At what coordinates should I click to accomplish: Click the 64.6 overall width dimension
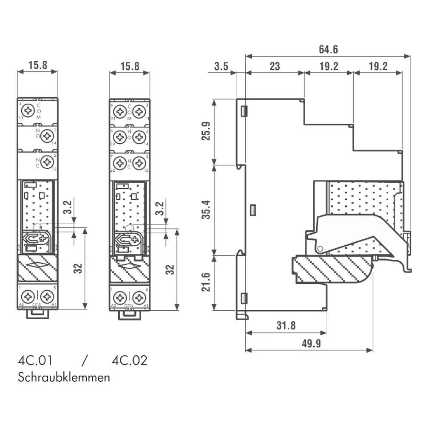pos(328,50)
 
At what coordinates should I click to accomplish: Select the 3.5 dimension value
pos(221,67)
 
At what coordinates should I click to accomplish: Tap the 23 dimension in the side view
pos(275,67)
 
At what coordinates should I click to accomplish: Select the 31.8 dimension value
pos(286,326)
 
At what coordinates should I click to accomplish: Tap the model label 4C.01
pos(35,361)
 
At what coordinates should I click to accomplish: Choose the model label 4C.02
pos(130,361)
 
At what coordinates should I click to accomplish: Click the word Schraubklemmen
pos(64,377)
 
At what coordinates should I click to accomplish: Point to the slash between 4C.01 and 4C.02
pos(84,361)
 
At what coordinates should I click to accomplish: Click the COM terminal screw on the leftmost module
pos(28,111)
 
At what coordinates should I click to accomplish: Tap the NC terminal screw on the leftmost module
pos(48,162)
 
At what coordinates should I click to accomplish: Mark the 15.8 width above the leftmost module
pos(37,66)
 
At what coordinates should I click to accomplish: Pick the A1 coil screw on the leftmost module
pos(48,296)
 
